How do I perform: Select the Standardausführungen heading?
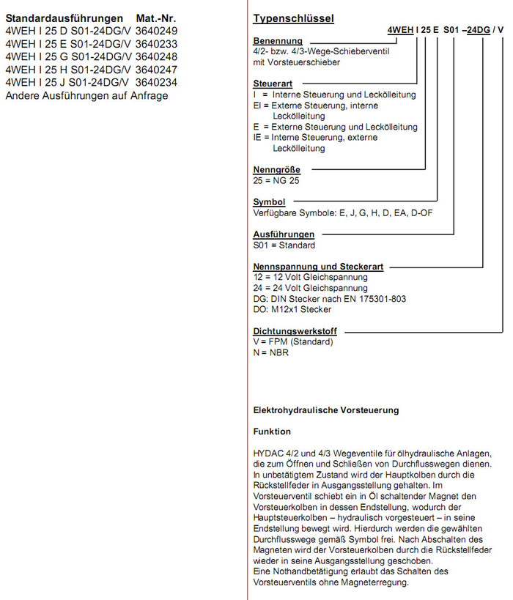click(x=64, y=18)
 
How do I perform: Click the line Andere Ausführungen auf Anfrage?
click(x=86, y=96)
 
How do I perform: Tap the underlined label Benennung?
click(x=277, y=40)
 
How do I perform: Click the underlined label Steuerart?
click(x=273, y=84)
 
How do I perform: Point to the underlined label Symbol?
click(x=269, y=202)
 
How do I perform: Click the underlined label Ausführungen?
click(x=284, y=234)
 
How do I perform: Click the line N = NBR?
click(x=270, y=353)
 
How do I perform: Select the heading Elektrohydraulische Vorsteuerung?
click(x=325, y=410)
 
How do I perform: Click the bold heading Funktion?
click(x=272, y=432)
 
